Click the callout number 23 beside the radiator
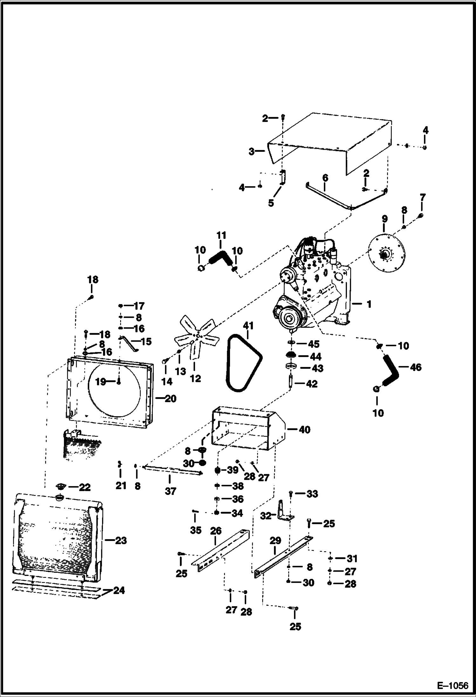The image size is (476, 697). pos(120,540)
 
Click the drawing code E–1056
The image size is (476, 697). pos(452,686)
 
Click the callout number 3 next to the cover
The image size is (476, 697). pos(252,152)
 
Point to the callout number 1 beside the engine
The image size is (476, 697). pos(369,304)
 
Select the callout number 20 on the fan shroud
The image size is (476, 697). pos(170,398)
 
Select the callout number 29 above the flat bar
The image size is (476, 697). pos(275,540)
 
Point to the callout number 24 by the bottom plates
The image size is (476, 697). pos(119,590)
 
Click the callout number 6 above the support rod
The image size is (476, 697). pos(325,178)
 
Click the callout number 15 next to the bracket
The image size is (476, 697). pos(146,342)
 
